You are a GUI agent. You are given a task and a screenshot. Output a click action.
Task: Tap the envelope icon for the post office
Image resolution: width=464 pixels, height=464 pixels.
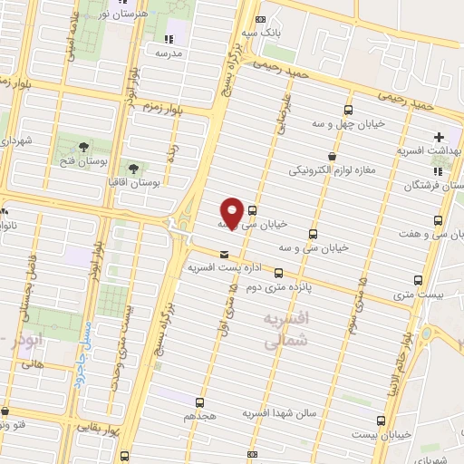[x=223, y=253]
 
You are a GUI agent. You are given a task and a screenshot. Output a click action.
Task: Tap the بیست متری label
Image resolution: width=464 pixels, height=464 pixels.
[x=417, y=295]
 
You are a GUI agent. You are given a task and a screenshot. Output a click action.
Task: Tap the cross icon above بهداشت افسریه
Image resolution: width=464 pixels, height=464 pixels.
[x=440, y=137]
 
